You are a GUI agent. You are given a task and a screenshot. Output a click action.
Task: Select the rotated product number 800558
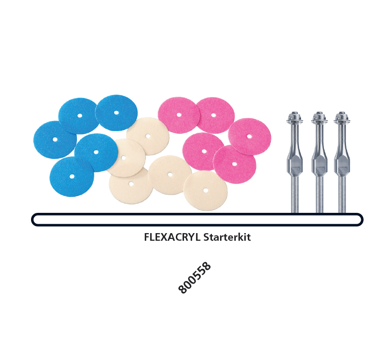pos(194,278)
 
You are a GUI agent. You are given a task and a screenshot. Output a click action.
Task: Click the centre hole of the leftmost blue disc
pos(55,139)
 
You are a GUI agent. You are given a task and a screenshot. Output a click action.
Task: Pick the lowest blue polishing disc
pos(72,177)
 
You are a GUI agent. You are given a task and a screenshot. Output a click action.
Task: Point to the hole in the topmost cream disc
pos(148,136)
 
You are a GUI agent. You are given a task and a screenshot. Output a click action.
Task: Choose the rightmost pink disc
pos(250,136)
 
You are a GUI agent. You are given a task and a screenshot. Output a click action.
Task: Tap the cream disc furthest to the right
pos(205,190)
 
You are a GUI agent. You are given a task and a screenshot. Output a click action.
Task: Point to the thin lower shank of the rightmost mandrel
pos(342,193)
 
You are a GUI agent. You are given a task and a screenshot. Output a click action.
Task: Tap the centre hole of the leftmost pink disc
pos(179,115)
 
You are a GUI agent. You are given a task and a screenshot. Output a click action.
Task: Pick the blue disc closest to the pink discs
pos(116,112)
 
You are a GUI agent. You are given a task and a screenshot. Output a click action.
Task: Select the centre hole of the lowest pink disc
pos(234,164)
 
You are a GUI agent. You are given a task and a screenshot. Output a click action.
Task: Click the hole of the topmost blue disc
pos(116,112)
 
